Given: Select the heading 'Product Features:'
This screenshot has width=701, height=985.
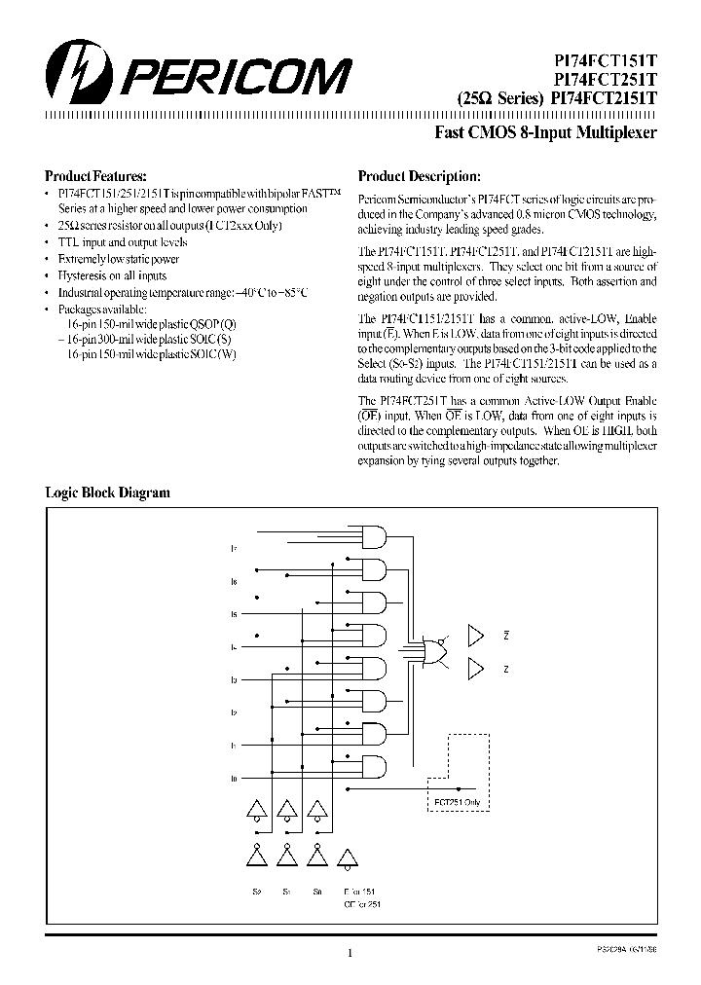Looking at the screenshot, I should click(x=95, y=176).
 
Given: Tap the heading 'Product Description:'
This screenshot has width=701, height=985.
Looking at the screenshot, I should click(x=419, y=176).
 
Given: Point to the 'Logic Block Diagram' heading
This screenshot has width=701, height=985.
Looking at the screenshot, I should click(x=108, y=492).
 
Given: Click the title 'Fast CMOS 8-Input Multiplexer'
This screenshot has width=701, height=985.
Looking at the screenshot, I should click(x=545, y=132).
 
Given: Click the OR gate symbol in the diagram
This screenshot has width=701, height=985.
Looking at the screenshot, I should click(x=433, y=651).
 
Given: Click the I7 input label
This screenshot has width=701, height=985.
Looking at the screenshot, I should click(x=234, y=550).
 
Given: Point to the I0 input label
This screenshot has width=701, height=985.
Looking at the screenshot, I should click(x=234, y=779).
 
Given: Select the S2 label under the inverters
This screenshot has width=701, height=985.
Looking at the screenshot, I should click(x=258, y=891).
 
